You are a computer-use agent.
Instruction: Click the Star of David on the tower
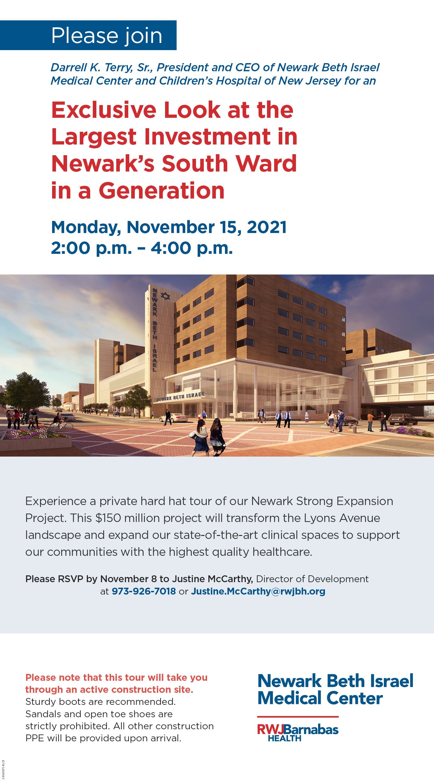(166, 296)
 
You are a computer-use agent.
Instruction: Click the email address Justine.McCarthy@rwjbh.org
(258, 591)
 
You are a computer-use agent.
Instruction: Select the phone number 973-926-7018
(144, 591)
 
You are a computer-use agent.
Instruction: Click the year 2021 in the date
(267, 227)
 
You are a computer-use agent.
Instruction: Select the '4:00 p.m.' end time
(191, 248)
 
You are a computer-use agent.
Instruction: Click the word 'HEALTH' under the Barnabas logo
(285, 738)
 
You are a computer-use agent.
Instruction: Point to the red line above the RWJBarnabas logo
(298, 717)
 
